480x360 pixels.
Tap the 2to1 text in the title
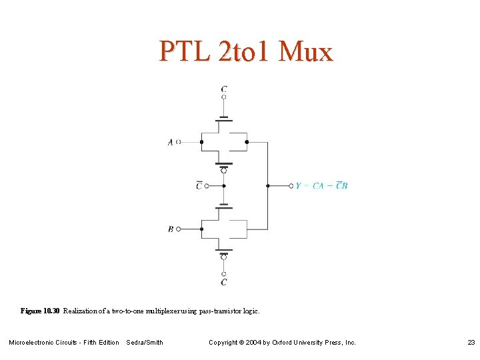click(x=245, y=52)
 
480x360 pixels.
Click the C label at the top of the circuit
click(x=224, y=89)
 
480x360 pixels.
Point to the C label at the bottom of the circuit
click(x=224, y=282)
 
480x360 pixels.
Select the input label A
click(x=171, y=142)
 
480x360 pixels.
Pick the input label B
click(x=171, y=229)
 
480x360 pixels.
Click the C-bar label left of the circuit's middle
click(x=199, y=185)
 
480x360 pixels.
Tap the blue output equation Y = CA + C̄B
click(x=321, y=185)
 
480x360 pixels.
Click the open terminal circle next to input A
click(x=179, y=142)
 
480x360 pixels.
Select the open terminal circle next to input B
click(x=179, y=229)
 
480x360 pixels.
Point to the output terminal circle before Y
click(x=291, y=185)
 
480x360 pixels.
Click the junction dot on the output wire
click(x=267, y=185)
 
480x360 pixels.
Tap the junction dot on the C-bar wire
click(x=224, y=185)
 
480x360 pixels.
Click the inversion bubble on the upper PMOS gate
click(x=224, y=170)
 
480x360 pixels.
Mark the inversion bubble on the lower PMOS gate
click(x=224, y=257)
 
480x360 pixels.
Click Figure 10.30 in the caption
click(x=40, y=311)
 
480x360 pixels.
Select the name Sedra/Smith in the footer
click(x=145, y=343)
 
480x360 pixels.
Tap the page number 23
click(x=471, y=343)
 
